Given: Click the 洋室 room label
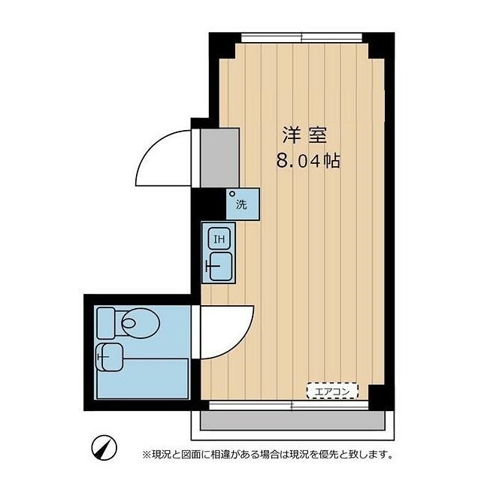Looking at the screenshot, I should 303,136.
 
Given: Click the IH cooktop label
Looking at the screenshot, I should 219,240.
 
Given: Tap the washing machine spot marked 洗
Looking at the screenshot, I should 241,204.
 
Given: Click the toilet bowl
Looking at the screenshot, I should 140,323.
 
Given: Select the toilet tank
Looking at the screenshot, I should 106,322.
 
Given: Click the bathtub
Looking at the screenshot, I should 150,380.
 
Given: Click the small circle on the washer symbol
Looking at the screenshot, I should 233,195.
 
